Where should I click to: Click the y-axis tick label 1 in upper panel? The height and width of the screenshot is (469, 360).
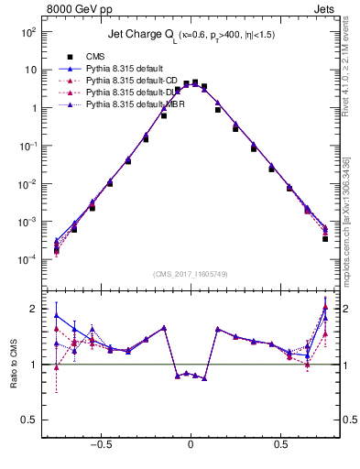34,108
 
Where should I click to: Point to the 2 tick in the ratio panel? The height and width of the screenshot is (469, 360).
34,309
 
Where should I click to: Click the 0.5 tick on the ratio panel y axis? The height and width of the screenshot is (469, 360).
30,420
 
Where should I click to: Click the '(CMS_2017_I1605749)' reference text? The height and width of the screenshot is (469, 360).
190,274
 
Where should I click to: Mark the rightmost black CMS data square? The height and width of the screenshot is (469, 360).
325,239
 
